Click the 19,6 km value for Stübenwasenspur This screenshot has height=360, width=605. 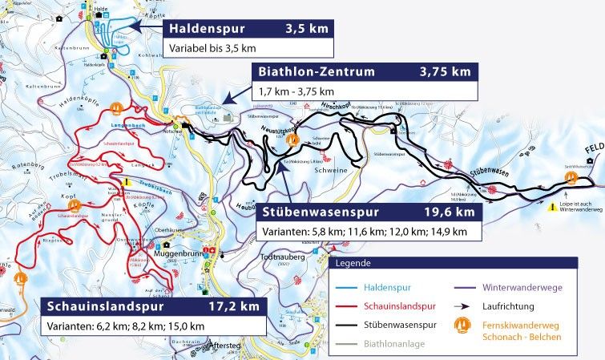click(x=450, y=212)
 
